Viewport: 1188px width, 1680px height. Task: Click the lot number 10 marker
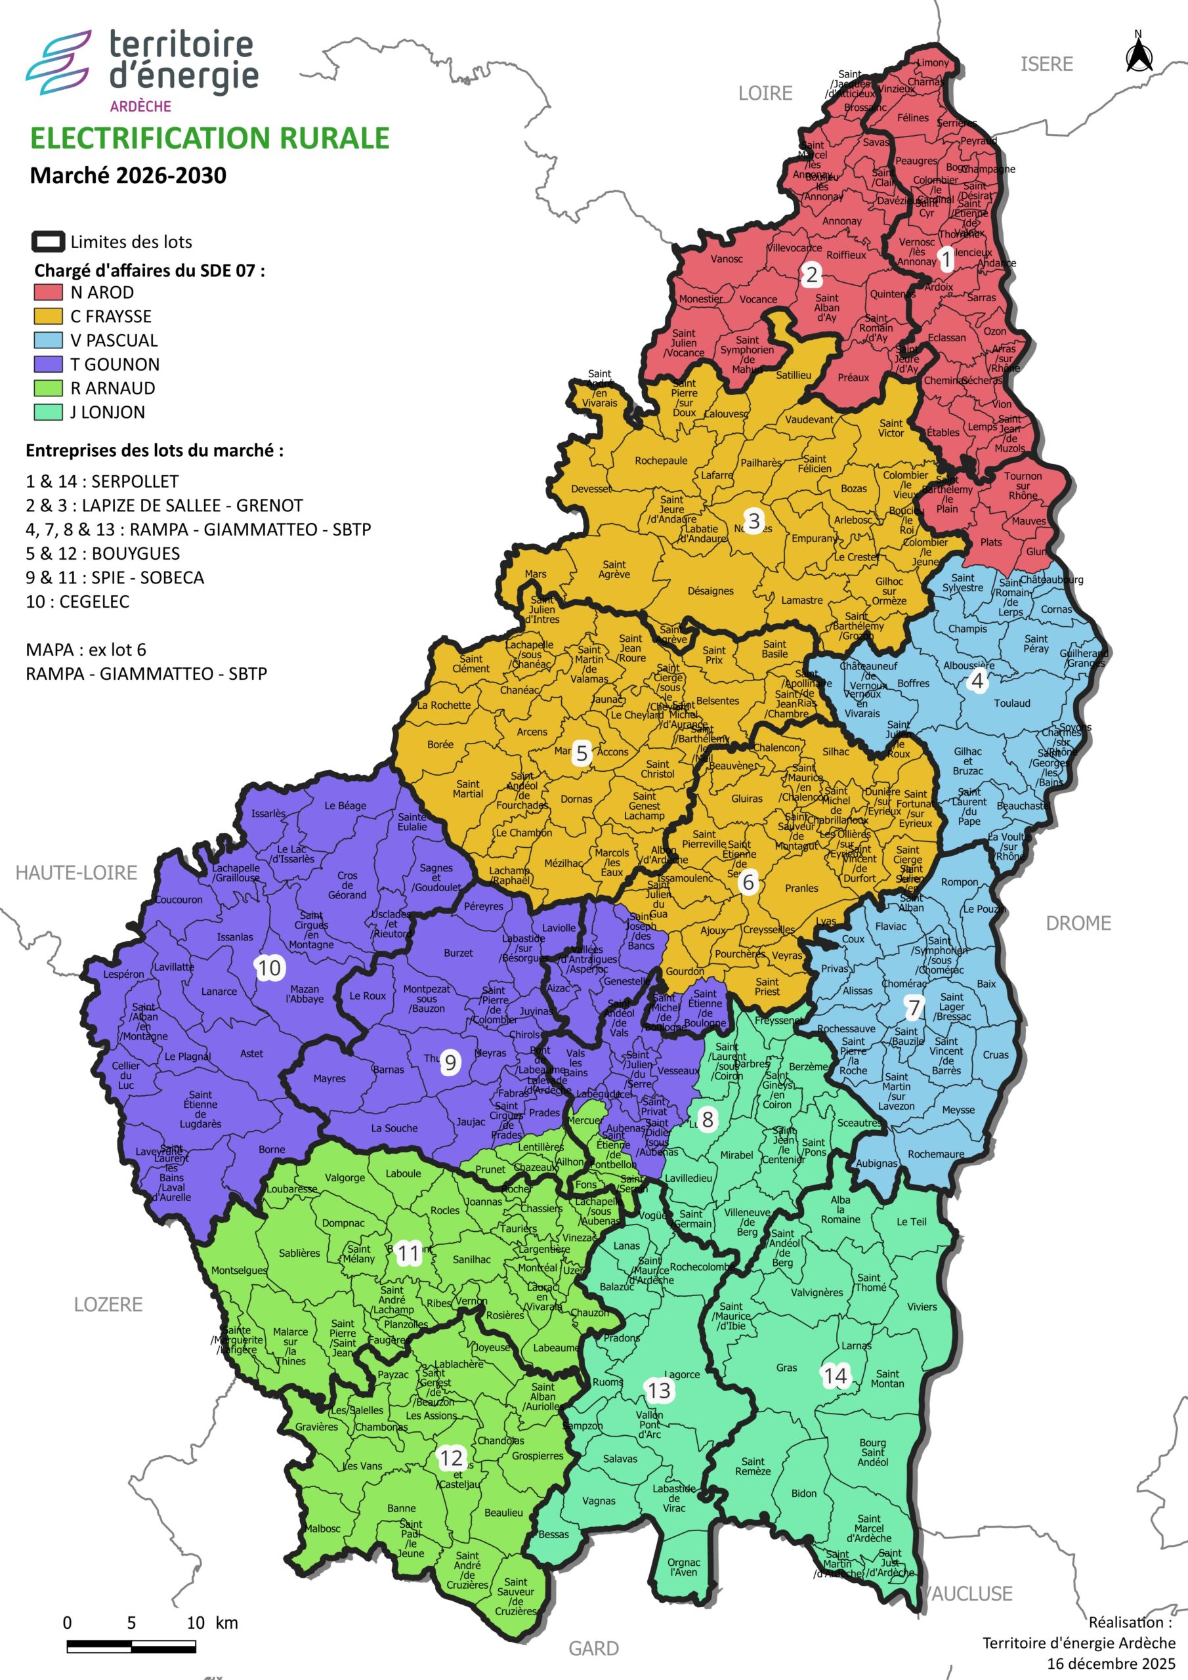point(268,968)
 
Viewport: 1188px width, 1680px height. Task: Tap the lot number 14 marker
point(835,1375)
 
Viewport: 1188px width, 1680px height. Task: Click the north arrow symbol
point(1139,52)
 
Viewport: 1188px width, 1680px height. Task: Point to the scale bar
point(131,1647)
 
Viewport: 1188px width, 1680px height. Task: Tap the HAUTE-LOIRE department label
point(77,872)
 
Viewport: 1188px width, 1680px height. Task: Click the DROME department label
point(1078,923)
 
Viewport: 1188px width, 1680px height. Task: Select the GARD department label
point(593,1648)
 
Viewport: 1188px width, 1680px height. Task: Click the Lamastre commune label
point(801,600)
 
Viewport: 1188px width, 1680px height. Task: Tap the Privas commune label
point(834,968)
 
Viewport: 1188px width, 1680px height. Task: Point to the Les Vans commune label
point(363,1465)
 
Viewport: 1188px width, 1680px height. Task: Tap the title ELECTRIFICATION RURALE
point(209,138)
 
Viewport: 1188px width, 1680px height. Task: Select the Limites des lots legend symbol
point(49,241)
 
